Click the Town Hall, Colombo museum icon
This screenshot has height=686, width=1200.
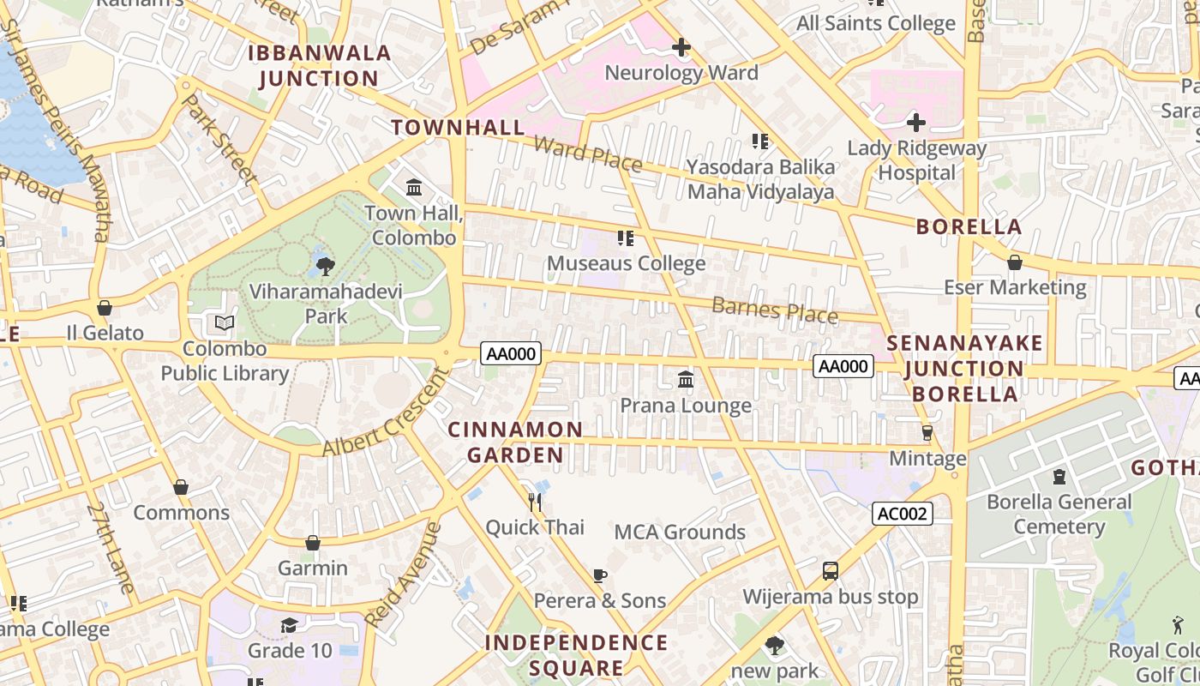(414, 187)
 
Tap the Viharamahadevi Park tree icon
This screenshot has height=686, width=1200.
(325, 267)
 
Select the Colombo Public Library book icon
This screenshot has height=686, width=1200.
(225, 323)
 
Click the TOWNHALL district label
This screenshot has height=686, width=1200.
(458, 128)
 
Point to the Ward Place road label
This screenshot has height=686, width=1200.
(587, 153)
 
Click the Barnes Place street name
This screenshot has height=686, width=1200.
(774, 310)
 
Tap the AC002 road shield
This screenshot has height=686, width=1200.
(902, 514)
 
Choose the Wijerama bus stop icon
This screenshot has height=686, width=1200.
(830, 570)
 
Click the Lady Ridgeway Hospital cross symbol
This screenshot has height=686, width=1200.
(915, 123)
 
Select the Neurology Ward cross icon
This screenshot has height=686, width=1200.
(681, 47)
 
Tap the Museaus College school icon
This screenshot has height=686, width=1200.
(626, 238)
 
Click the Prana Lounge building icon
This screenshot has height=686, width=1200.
(686, 379)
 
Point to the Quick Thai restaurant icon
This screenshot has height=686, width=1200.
(535, 501)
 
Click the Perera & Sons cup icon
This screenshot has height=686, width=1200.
(600, 575)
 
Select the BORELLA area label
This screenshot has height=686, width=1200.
(969, 227)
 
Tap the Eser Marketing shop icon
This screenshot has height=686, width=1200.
(1015, 262)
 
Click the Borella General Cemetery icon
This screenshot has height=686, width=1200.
(1059, 476)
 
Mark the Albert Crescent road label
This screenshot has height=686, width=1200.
(386, 413)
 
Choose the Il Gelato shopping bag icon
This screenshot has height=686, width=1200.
(105, 308)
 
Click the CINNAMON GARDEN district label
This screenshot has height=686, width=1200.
(515, 442)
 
